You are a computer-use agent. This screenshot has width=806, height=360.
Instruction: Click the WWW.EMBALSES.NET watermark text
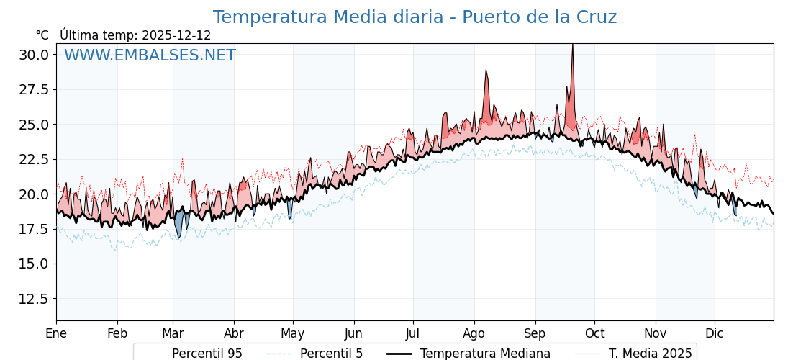coord(150,55)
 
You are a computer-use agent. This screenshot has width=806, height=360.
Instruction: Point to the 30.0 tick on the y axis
coord(34,55)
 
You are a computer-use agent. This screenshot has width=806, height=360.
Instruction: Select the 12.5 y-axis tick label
coord(34,299)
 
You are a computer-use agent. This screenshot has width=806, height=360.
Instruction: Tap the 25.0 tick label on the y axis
coord(34,125)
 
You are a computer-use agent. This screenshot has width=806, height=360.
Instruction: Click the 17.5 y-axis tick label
coord(34,229)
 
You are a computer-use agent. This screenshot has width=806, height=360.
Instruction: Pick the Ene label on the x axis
coord(56,333)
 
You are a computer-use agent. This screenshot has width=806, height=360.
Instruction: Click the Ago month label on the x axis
coord(474,333)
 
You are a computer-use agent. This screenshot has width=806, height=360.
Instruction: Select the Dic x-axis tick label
coord(715,333)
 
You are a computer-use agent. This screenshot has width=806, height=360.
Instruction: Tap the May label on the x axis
coord(292,333)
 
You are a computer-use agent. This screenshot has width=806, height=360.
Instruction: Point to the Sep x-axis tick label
coord(535,333)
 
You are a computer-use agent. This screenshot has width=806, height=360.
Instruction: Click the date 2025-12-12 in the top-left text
coord(176,35)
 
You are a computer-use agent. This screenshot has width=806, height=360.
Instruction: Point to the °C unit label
coord(42,35)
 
